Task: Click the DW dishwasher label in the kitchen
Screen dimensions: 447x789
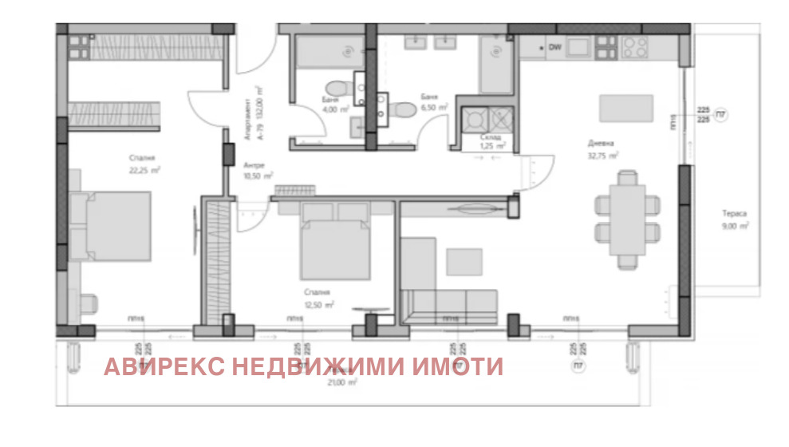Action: [x=555, y=48]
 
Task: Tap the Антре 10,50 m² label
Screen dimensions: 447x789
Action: [x=258, y=170]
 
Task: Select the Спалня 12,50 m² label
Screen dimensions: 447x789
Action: [x=318, y=299]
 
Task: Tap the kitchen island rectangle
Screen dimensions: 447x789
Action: [x=625, y=108]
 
